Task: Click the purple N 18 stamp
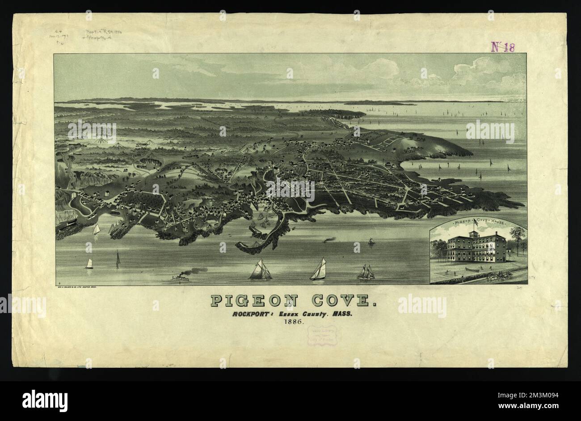click(502, 47)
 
